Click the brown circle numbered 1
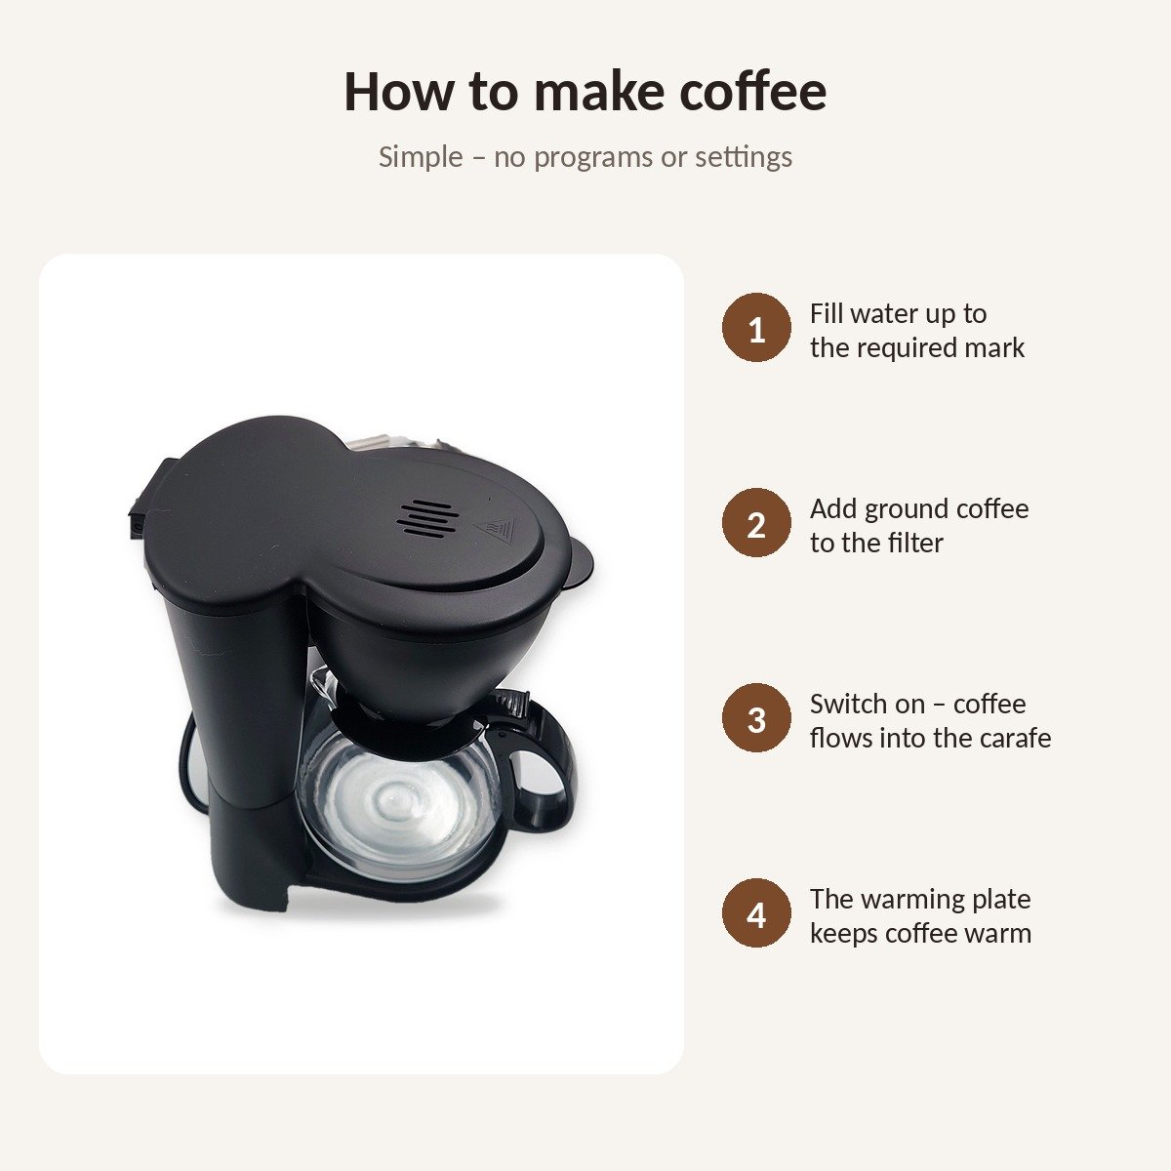tap(756, 328)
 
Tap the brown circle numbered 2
tap(756, 523)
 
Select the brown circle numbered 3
tap(756, 717)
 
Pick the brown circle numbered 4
tap(756, 912)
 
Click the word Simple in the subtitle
tap(421, 157)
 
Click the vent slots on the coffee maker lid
tap(427, 518)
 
